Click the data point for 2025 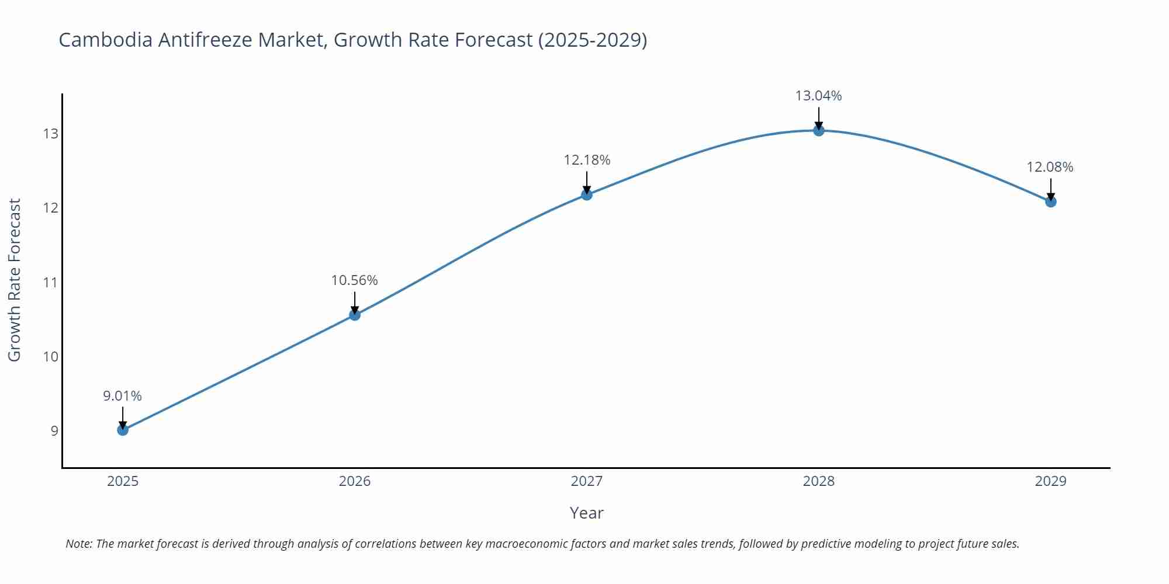click(123, 430)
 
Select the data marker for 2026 click(355, 315)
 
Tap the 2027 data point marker click(587, 195)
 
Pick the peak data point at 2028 click(819, 131)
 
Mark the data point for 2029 click(1050, 202)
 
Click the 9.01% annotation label click(123, 396)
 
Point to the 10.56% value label click(355, 280)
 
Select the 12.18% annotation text click(587, 160)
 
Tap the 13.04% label click(818, 96)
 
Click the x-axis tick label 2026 click(355, 481)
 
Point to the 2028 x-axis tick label click(818, 481)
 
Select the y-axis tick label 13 click(51, 134)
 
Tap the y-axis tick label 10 click(51, 356)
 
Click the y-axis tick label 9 click(54, 431)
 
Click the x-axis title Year click(586, 513)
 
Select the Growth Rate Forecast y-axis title click(15, 280)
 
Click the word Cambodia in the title click(106, 40)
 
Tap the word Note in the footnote click(78, 544)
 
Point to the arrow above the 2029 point click(1050, 189)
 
